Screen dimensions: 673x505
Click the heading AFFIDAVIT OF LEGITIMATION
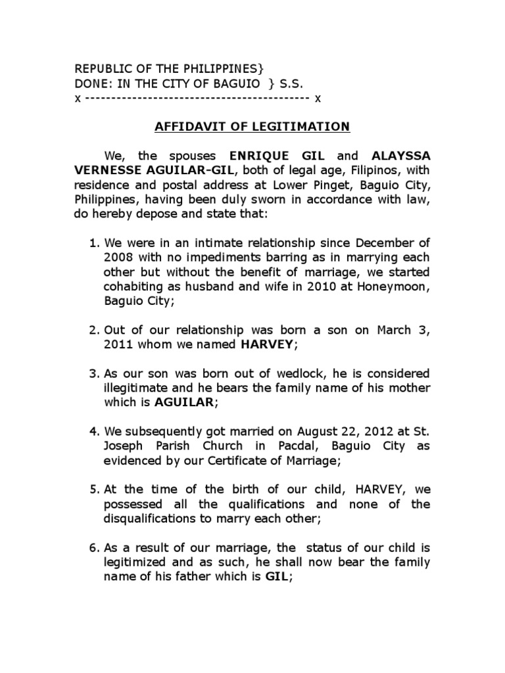click(252, 127)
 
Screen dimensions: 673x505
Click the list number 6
click(93, 547)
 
